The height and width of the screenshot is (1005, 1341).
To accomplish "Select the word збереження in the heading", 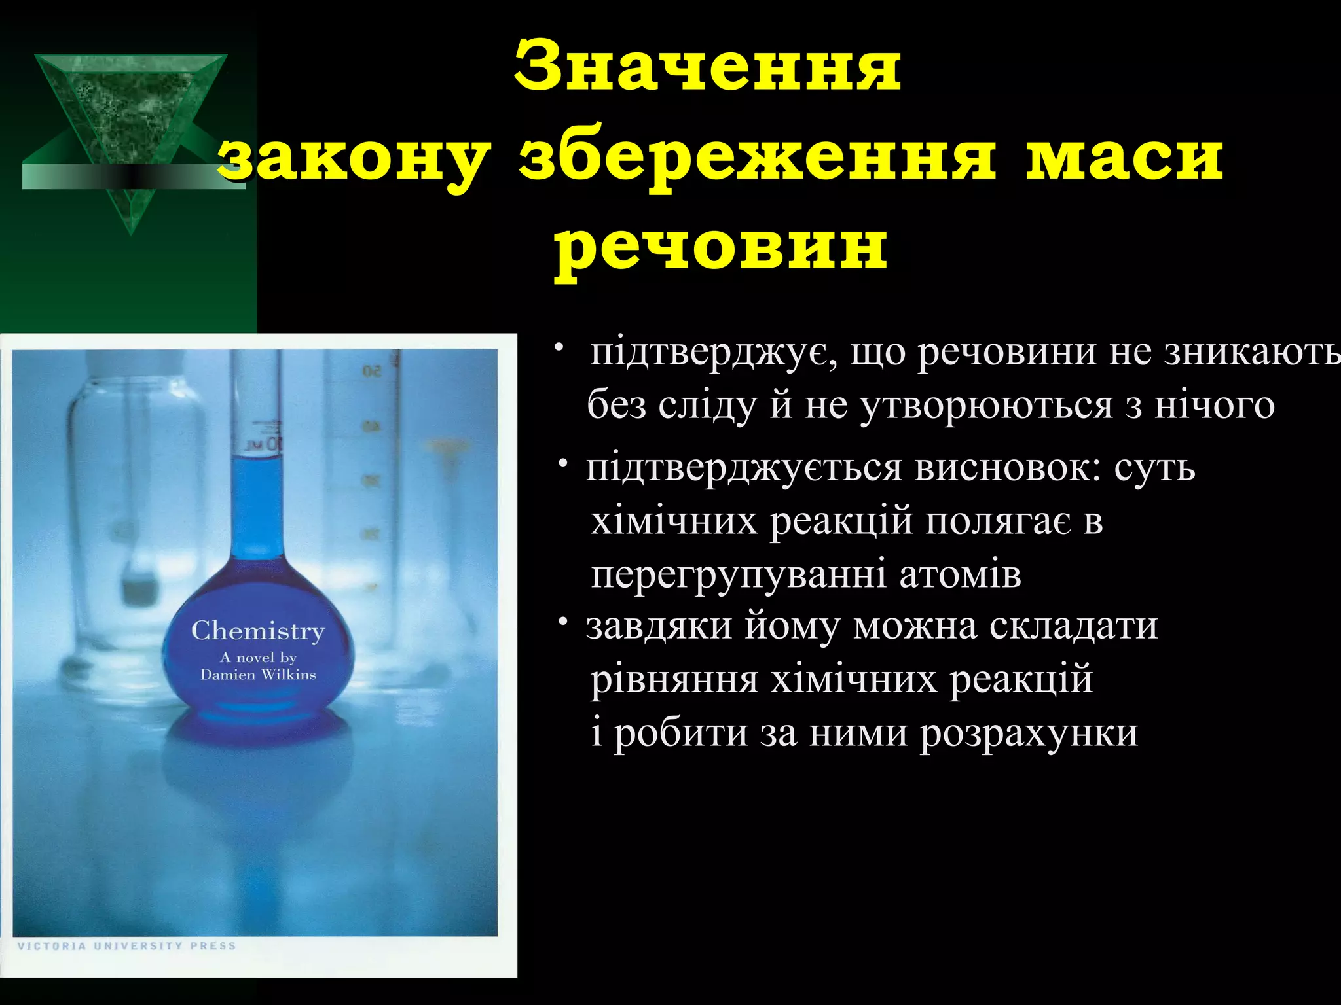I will [x=757, y=159].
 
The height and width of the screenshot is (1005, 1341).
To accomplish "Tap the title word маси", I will [x=1124, y=159].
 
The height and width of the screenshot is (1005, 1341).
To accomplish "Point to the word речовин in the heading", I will [x=720, y=249].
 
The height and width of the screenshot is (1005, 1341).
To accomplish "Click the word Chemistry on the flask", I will [x=258, y=631].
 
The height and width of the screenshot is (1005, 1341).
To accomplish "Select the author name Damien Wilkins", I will [x=258, y=675].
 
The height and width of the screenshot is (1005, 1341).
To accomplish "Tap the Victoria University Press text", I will [x=126, y=946].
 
